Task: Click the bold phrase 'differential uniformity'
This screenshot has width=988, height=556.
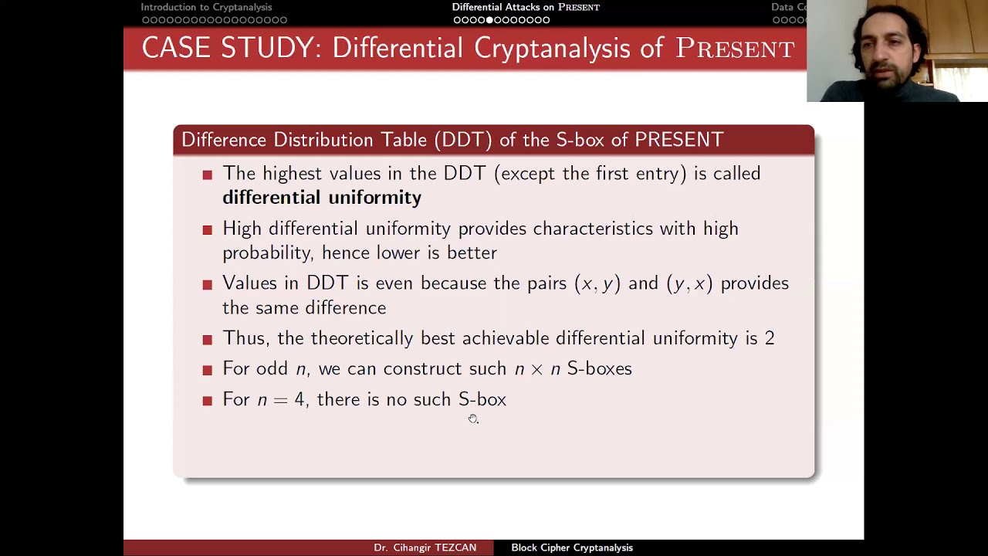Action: coord(321,198)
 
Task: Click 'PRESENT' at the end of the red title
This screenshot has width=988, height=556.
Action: coord(735,48)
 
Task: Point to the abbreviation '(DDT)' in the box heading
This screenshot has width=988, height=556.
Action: coord(462,140)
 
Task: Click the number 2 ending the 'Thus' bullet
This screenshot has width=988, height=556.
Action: coord(770,338)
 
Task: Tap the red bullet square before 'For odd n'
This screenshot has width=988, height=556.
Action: coord(207,370)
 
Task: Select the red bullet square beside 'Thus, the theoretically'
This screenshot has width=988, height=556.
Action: coord(207,340)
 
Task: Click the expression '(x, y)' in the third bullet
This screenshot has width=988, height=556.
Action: coord(597,283)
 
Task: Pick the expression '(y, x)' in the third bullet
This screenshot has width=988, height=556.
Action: coord(689,283)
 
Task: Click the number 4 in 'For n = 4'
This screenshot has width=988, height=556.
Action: coord(299,399)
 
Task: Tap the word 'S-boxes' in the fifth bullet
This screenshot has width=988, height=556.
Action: coord(599,368)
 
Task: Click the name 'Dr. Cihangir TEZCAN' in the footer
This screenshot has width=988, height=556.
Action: coord(425,548)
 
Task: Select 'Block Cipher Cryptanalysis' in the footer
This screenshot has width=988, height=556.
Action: coord(571,548)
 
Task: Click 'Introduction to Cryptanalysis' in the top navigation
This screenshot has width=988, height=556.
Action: coord(206,7)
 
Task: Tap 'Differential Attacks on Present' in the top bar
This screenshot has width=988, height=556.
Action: coord(526,7)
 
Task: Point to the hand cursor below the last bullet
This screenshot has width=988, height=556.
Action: coord(473,419)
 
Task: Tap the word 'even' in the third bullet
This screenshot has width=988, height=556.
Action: coord(394,283)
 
